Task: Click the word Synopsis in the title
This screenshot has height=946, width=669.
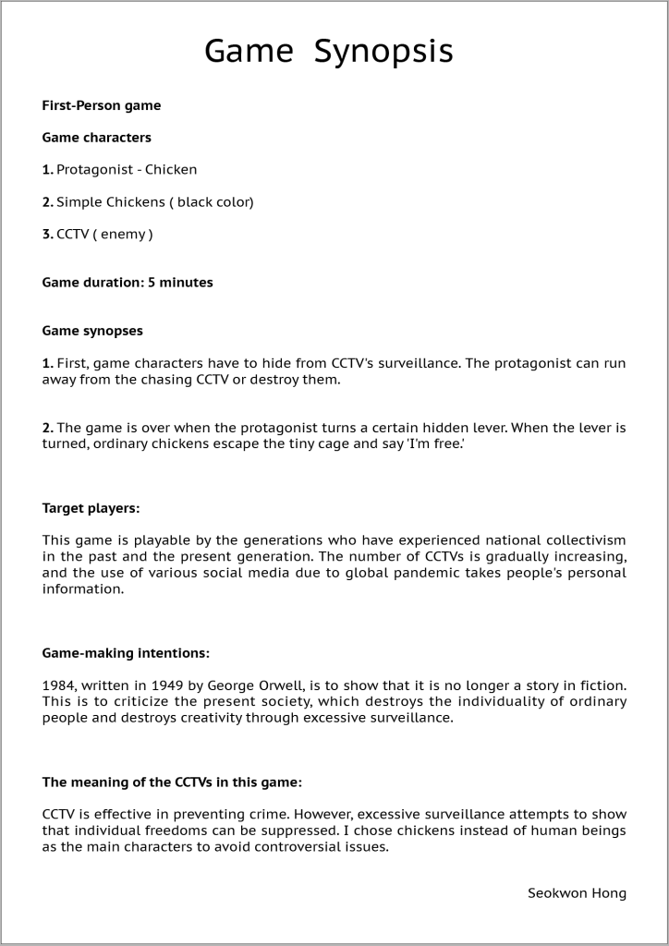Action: (x=383, y=52)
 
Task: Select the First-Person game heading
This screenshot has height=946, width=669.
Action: (x=102, y=105)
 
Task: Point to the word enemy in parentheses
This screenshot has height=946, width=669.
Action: (x=123, y=235)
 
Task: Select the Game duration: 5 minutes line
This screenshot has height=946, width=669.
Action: (x=128, y=283)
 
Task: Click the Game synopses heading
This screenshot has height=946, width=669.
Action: (x=92, y=331)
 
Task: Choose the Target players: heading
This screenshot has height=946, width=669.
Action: (x=91, y=508)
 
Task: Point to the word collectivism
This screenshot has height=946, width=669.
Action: (x=581, y=540)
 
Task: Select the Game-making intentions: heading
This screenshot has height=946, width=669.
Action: (x=126, y=653)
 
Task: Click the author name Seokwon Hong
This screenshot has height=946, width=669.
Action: (x=577, y=893)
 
